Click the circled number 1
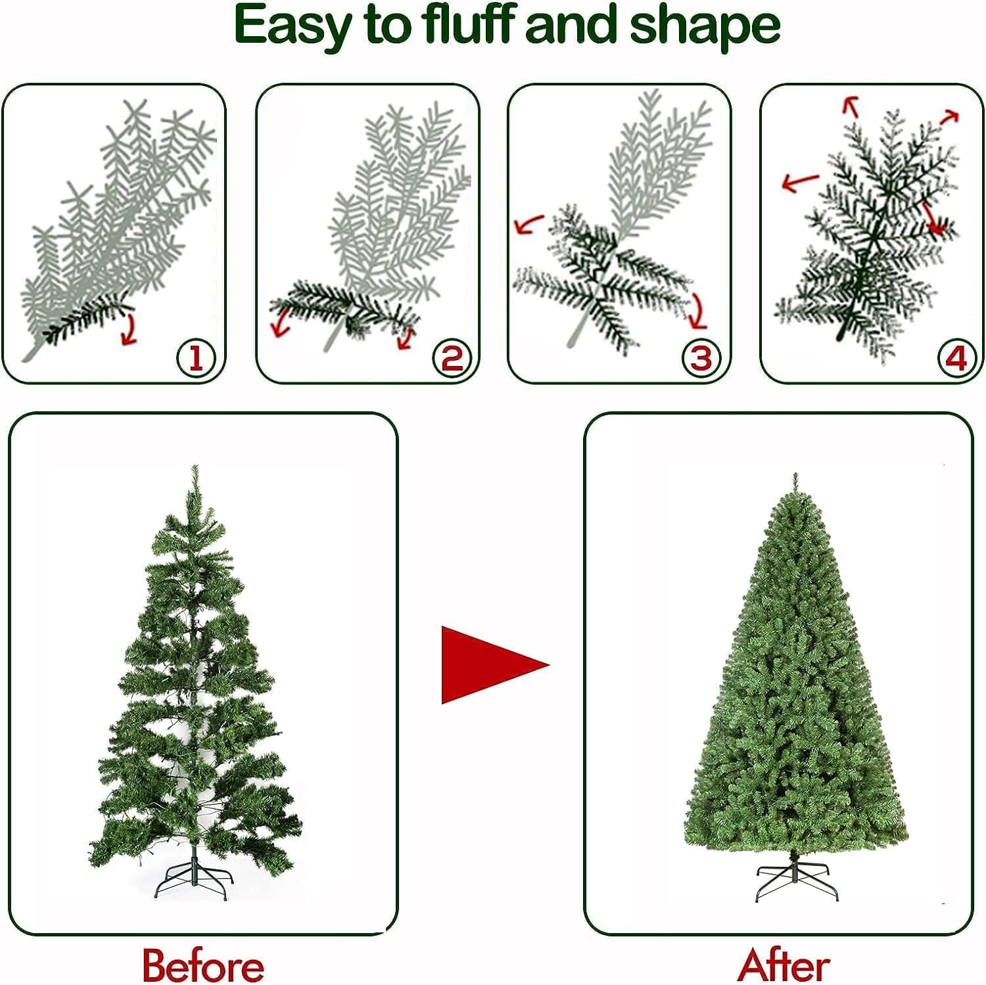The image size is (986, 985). click(x=195, y=359)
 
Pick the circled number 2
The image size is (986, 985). click(x=452, y=359)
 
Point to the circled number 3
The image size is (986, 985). click(x=701, y=359)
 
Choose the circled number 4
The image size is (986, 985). click(x=955, y=359)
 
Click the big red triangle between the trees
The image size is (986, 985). click(x=490, y=664)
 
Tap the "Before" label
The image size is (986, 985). click(x=202, y=964)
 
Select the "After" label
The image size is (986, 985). click(x=783, y=964)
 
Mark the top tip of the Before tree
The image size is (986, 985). click(x=195, y=468)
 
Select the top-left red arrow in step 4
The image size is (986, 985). click(x=851, y=105)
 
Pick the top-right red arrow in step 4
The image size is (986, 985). click(x=949, y=117)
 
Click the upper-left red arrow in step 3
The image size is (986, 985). click(x=528, y=224)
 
